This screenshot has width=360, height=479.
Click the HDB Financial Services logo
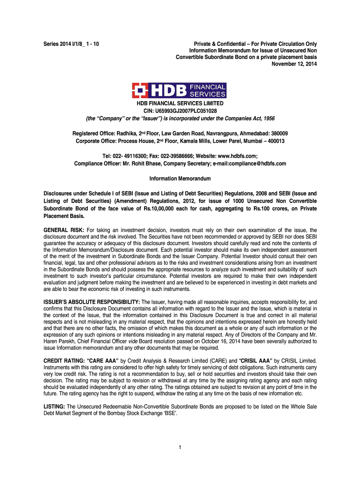180,90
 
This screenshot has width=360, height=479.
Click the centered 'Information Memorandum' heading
180,179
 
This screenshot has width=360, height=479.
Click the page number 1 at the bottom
180,448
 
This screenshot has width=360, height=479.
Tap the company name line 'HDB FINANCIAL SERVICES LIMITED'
180,103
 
